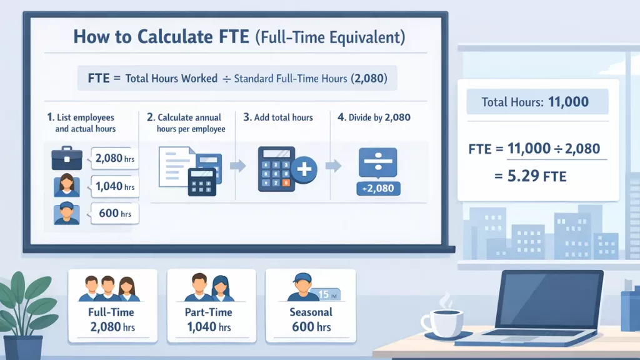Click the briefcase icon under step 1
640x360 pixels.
click(66, 159)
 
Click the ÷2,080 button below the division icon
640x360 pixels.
click(377, 188)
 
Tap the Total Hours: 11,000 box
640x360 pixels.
click(536, 101)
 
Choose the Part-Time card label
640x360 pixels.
click(209, 312)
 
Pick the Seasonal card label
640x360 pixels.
click(311, 312)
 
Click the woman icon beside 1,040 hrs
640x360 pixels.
click(66, 185)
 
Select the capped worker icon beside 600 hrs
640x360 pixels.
click(66, 213)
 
